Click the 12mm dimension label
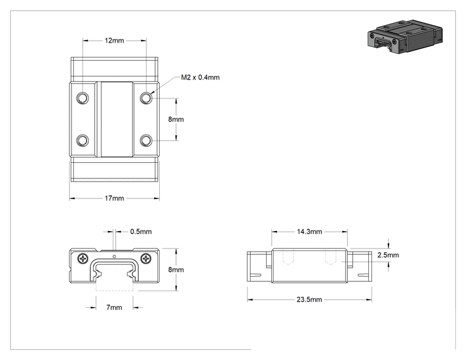point(114,41)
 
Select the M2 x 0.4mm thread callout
point(200,77)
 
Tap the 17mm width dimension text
point(114,198)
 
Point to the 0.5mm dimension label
point(141,232)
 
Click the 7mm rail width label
point(114,307)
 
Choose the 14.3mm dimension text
point(309,232)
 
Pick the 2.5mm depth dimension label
point(388,255)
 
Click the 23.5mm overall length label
point(309,299)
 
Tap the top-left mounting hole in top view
point(83,98)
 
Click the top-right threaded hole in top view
point(146,98)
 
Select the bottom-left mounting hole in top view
point(83,140)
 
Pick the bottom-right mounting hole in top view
point(146,140)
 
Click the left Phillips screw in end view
point(83,259)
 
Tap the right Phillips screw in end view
point(146,259)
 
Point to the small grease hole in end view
point(115,256)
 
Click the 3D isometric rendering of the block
point(405,36)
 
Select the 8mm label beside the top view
point(176,119)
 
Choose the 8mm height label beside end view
point(176,269)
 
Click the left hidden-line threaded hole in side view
point(288,257)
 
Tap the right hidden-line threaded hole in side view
point(331,257)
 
